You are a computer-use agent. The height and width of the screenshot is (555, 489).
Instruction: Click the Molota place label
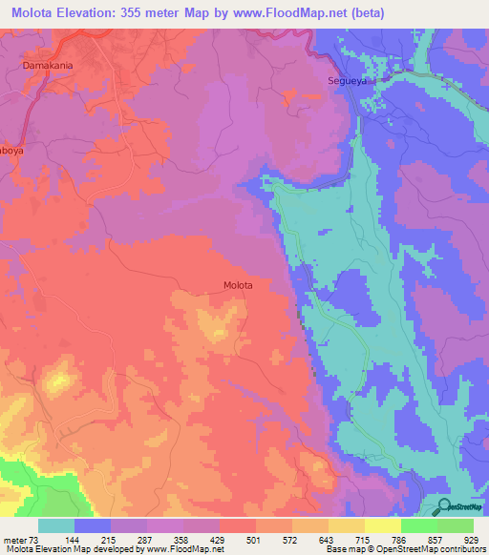pos(238,285)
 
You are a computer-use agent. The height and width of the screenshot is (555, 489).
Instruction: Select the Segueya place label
pos(349,82)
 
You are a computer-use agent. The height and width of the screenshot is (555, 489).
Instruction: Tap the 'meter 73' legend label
pos(21,540)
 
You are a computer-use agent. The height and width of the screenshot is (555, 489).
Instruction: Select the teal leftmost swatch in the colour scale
pos(56,525)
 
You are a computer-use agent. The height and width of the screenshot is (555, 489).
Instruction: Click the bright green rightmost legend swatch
pos(456,525)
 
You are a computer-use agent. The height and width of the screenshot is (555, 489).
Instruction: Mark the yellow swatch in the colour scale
pos(383,525)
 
